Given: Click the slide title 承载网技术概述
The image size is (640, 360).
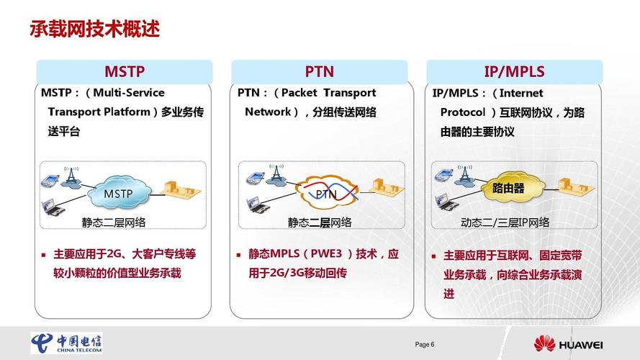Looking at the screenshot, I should coord(94,30).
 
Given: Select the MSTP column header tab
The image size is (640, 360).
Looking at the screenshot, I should coord(125,71).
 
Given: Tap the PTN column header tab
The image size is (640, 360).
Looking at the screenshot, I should coord(319,71).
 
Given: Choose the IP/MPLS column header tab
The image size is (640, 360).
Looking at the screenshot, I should coord(514,71).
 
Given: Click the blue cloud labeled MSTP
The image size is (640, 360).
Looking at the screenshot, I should coord(119,193).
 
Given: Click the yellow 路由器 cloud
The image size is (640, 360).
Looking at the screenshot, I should coord(508,189).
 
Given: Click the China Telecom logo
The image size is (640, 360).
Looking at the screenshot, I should coord(66,343).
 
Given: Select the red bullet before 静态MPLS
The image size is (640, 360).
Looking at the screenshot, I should coord(239,255).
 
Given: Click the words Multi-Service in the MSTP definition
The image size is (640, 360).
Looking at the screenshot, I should coord(129,93).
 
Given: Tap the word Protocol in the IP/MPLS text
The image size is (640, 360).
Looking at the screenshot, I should coord(464,112).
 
